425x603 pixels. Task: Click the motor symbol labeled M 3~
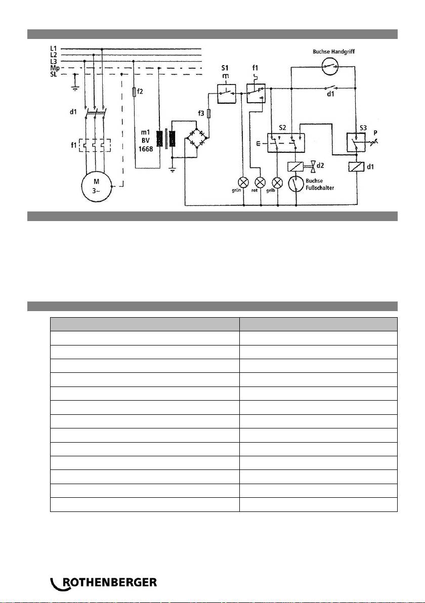96,186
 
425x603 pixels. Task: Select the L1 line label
54,49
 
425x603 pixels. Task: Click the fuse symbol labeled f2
134,92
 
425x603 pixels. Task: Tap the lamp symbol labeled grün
244,182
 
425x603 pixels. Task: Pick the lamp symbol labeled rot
261,182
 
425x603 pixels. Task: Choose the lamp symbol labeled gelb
277,182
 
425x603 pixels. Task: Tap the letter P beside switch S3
375,133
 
